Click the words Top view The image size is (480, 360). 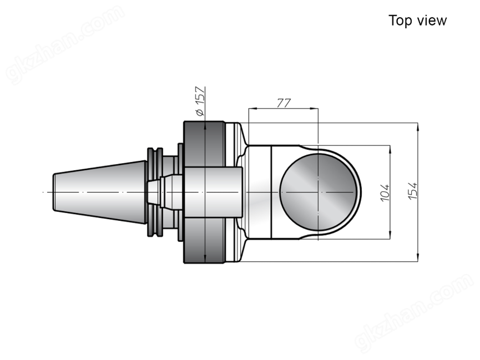coord(417,21)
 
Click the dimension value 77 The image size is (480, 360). coord(284,103)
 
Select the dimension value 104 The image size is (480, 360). coord(385,192)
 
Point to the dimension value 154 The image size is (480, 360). coord(413,191)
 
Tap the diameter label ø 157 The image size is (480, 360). coord(200,102)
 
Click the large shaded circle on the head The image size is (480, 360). coord(319,192)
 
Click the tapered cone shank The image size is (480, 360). coord(100,192)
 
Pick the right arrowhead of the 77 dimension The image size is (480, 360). coord(315,108)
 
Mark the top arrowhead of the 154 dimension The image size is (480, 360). coord(417,126)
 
